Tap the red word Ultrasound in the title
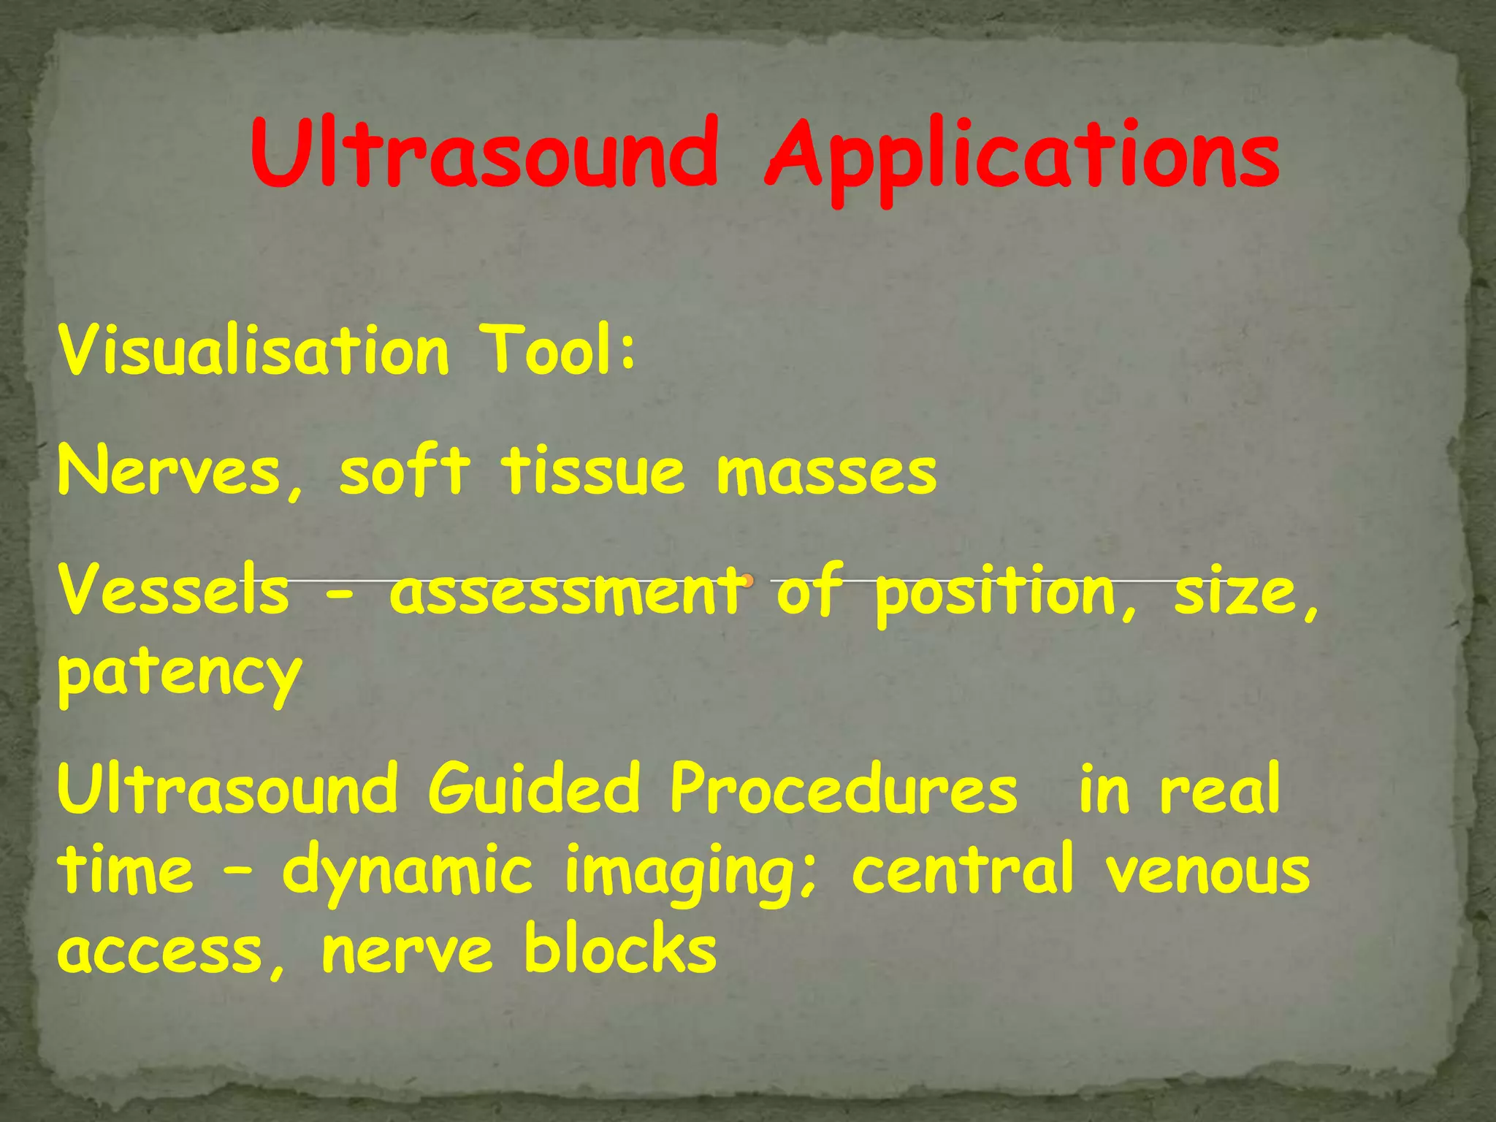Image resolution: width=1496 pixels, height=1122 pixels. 484,153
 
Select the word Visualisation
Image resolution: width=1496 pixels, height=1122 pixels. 253,351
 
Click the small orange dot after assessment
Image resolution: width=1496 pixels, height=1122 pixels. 747,581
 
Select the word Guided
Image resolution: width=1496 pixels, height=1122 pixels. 533,789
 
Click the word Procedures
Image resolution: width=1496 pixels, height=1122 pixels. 844,789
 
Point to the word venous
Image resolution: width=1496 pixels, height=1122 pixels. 1208,871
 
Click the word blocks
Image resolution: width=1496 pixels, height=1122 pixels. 620,950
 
